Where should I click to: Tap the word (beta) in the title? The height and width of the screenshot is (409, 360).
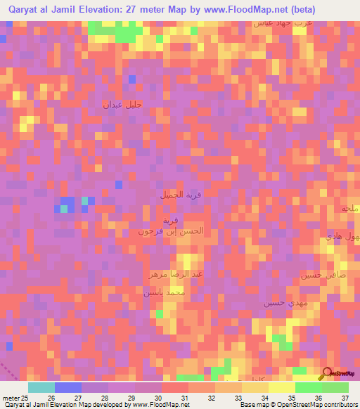[300, 9]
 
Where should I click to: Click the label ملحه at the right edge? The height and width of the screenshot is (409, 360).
[349, 209]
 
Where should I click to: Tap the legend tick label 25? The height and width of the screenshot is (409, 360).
[27, 398]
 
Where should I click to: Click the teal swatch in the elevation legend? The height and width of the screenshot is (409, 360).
[41, 387]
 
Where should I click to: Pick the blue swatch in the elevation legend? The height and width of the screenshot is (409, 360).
[68, 387]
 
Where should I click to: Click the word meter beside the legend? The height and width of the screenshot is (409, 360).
[9, 398]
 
